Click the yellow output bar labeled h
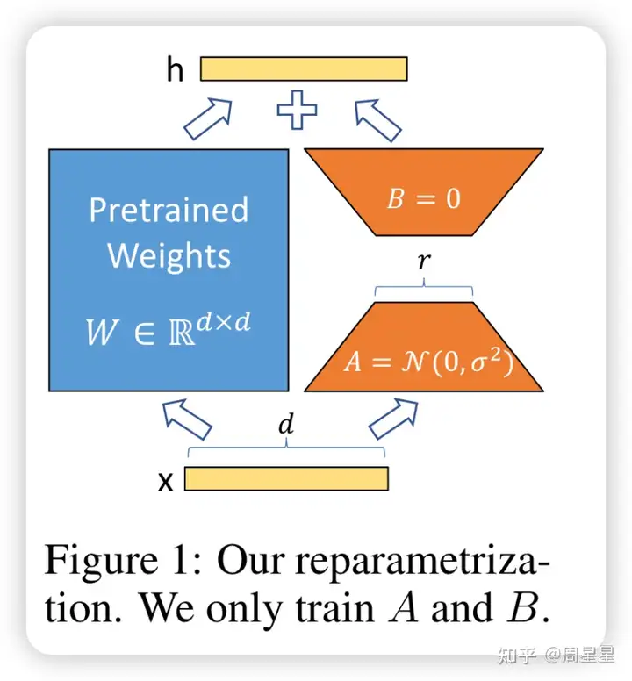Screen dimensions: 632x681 pos(304,68)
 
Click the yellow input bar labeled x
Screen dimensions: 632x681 pos(286,478)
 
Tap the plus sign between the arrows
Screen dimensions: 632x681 pos(297,111)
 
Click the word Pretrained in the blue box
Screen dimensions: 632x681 pos(169,211)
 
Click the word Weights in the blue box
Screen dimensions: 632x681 pos(169,255)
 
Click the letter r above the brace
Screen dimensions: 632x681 pos(423,262)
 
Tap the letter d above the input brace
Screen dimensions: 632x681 pos(286,426)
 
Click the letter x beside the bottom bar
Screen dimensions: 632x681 pos(164,480)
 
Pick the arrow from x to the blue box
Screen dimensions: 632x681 pos(187,418)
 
